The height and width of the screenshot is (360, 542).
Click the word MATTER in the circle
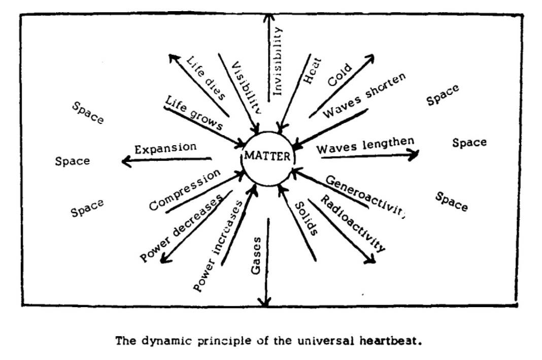tap(267, 155)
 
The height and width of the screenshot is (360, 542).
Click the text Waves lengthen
tap(365, 146)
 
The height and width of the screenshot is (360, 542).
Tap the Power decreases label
tap(182, 228)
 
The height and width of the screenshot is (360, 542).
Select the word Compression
tap(185, 189)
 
